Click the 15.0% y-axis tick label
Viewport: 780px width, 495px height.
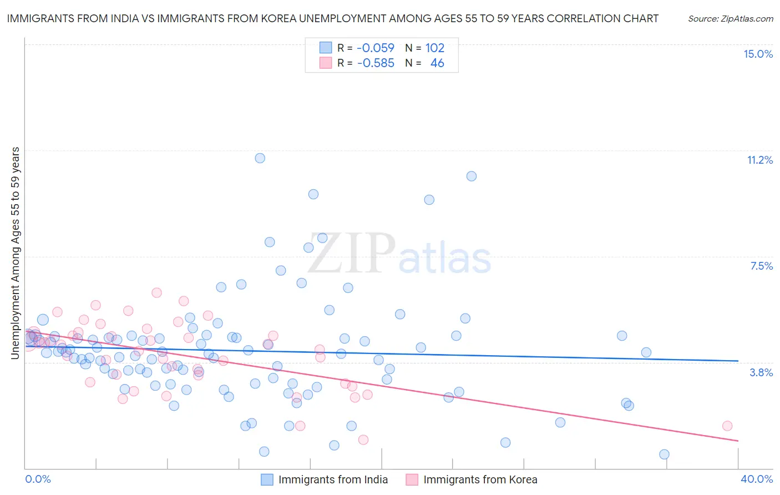pyautogui.click(x=758, y=54)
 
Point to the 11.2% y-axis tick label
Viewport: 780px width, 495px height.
pyautogui.click(x=759, y=160)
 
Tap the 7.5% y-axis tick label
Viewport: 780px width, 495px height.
pyautogui.click(x=761, y=266)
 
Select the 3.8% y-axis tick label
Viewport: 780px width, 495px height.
pyautogui.click(x=761, y=372)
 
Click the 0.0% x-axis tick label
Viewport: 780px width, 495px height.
pyautogui.click(x=38, y=479)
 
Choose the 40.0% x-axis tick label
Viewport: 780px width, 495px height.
pyautogui.click(x=756, y=479)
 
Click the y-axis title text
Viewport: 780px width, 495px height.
pyautogui.click(x=16, y=253)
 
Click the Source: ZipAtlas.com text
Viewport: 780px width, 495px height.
pyautogui.click(x=730, y=19)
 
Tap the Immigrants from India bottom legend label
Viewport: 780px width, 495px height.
pyautogui.click(x=333, y=479)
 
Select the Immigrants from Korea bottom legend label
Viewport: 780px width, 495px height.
pyautogui.click(x=480, y=479)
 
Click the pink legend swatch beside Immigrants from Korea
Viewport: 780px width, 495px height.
pyautogui.click(x=412, y=479)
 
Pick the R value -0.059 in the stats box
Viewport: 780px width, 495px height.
pyautogui.click(x=376, y=48)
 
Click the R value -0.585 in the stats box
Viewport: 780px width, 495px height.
pyautogui.click(x=376, y=63)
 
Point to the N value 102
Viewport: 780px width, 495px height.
pyautogui.click(x=435, y=48)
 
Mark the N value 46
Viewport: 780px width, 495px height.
pyautogui.click(x=437, y=63)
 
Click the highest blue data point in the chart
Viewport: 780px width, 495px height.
pyautogui.click(x=260, y=158)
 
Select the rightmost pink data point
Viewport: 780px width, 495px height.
pyautogui.click(x=727, y=426)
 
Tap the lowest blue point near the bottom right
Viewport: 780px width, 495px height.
pyautogui.click(x=664, y=454)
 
